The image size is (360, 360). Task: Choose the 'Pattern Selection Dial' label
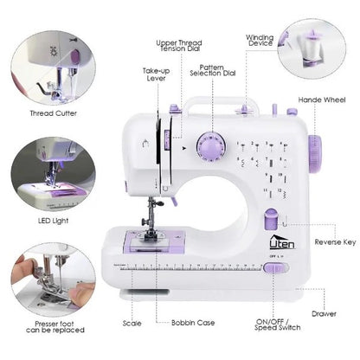point(217,71)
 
